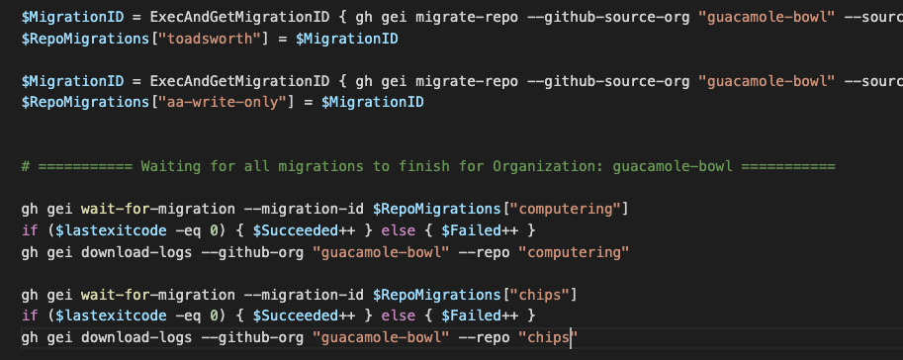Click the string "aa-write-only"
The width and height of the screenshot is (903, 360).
[x=195, y=102]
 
